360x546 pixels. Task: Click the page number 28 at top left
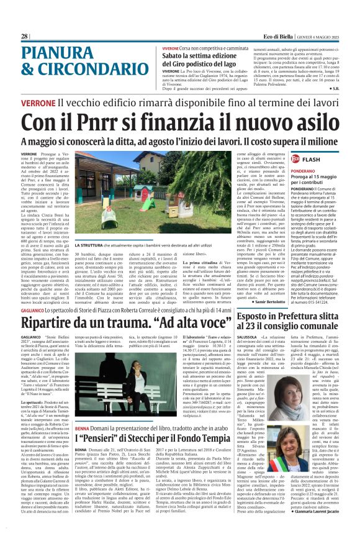24,37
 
